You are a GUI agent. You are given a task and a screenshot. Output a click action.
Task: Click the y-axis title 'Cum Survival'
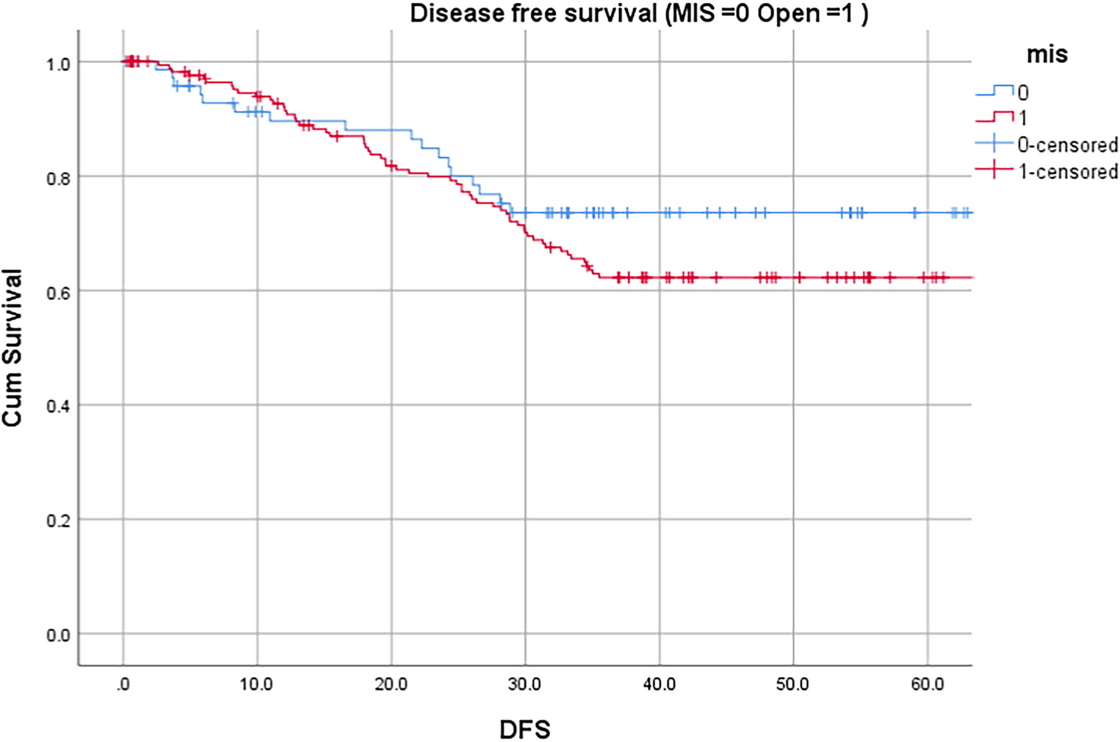coord(13,348)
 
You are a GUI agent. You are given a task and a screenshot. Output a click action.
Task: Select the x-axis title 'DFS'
coord(524,729)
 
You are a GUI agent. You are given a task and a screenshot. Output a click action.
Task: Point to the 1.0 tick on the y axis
coord(58,64)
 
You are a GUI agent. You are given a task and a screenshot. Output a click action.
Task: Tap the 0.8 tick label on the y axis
coord(58,178)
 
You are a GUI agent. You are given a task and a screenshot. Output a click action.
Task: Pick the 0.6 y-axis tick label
coord(58,293)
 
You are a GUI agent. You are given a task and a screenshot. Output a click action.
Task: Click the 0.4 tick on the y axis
coord(58,407)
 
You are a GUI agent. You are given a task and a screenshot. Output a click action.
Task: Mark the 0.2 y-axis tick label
coord(58,521)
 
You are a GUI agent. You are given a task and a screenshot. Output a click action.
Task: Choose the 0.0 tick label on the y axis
coord(58,635)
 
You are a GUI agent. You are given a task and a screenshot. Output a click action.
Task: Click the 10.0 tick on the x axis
coord(256,685)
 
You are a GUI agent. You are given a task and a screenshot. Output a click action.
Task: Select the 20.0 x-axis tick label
coord(391,685)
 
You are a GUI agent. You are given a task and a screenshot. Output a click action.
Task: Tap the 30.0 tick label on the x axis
coord(524,685)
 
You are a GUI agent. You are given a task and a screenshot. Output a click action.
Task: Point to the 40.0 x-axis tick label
coord(659,685)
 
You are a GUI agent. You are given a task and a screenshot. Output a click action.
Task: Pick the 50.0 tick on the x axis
coord(792,685)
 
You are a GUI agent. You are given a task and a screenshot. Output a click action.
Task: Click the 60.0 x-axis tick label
coord(927,685)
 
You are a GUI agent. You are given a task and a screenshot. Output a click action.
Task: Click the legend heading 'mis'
coord(1047,54)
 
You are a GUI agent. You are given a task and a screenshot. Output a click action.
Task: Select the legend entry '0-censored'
coord(1067,145)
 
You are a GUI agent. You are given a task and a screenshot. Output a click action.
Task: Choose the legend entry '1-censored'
coord(1068,172)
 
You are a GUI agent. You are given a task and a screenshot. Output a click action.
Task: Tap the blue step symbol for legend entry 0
coord(995,92)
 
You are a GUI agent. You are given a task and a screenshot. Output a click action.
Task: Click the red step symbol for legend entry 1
coord(995,117)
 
